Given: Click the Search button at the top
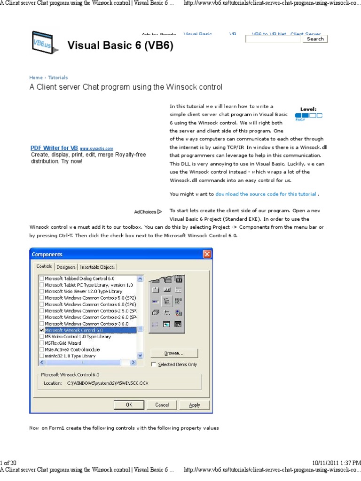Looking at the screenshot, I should tap(315, 39).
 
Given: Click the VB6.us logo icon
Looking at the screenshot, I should tap(41, 43).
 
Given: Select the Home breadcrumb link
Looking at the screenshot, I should tap(36, 78).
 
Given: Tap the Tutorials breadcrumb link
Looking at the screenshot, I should tap(58, 78).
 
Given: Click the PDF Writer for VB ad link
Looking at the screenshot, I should tap(54, 147).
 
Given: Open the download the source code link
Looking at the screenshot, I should tap(266, 194).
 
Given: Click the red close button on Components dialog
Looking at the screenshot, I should tap(207, 254).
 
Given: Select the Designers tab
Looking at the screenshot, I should tap(66, 267).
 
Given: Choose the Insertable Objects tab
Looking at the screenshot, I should tap(97, 267).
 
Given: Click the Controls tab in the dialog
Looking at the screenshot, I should tap(45, 266).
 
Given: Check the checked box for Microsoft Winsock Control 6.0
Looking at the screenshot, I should tap(42, 331).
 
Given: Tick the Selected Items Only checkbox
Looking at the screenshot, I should tap(154, 365).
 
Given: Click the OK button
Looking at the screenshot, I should tap(129, 404).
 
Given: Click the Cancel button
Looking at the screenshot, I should tap(162, 404).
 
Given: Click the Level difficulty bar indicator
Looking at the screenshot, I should tap(308, 115).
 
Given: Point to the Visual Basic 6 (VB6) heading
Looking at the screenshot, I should tap(120, 46).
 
